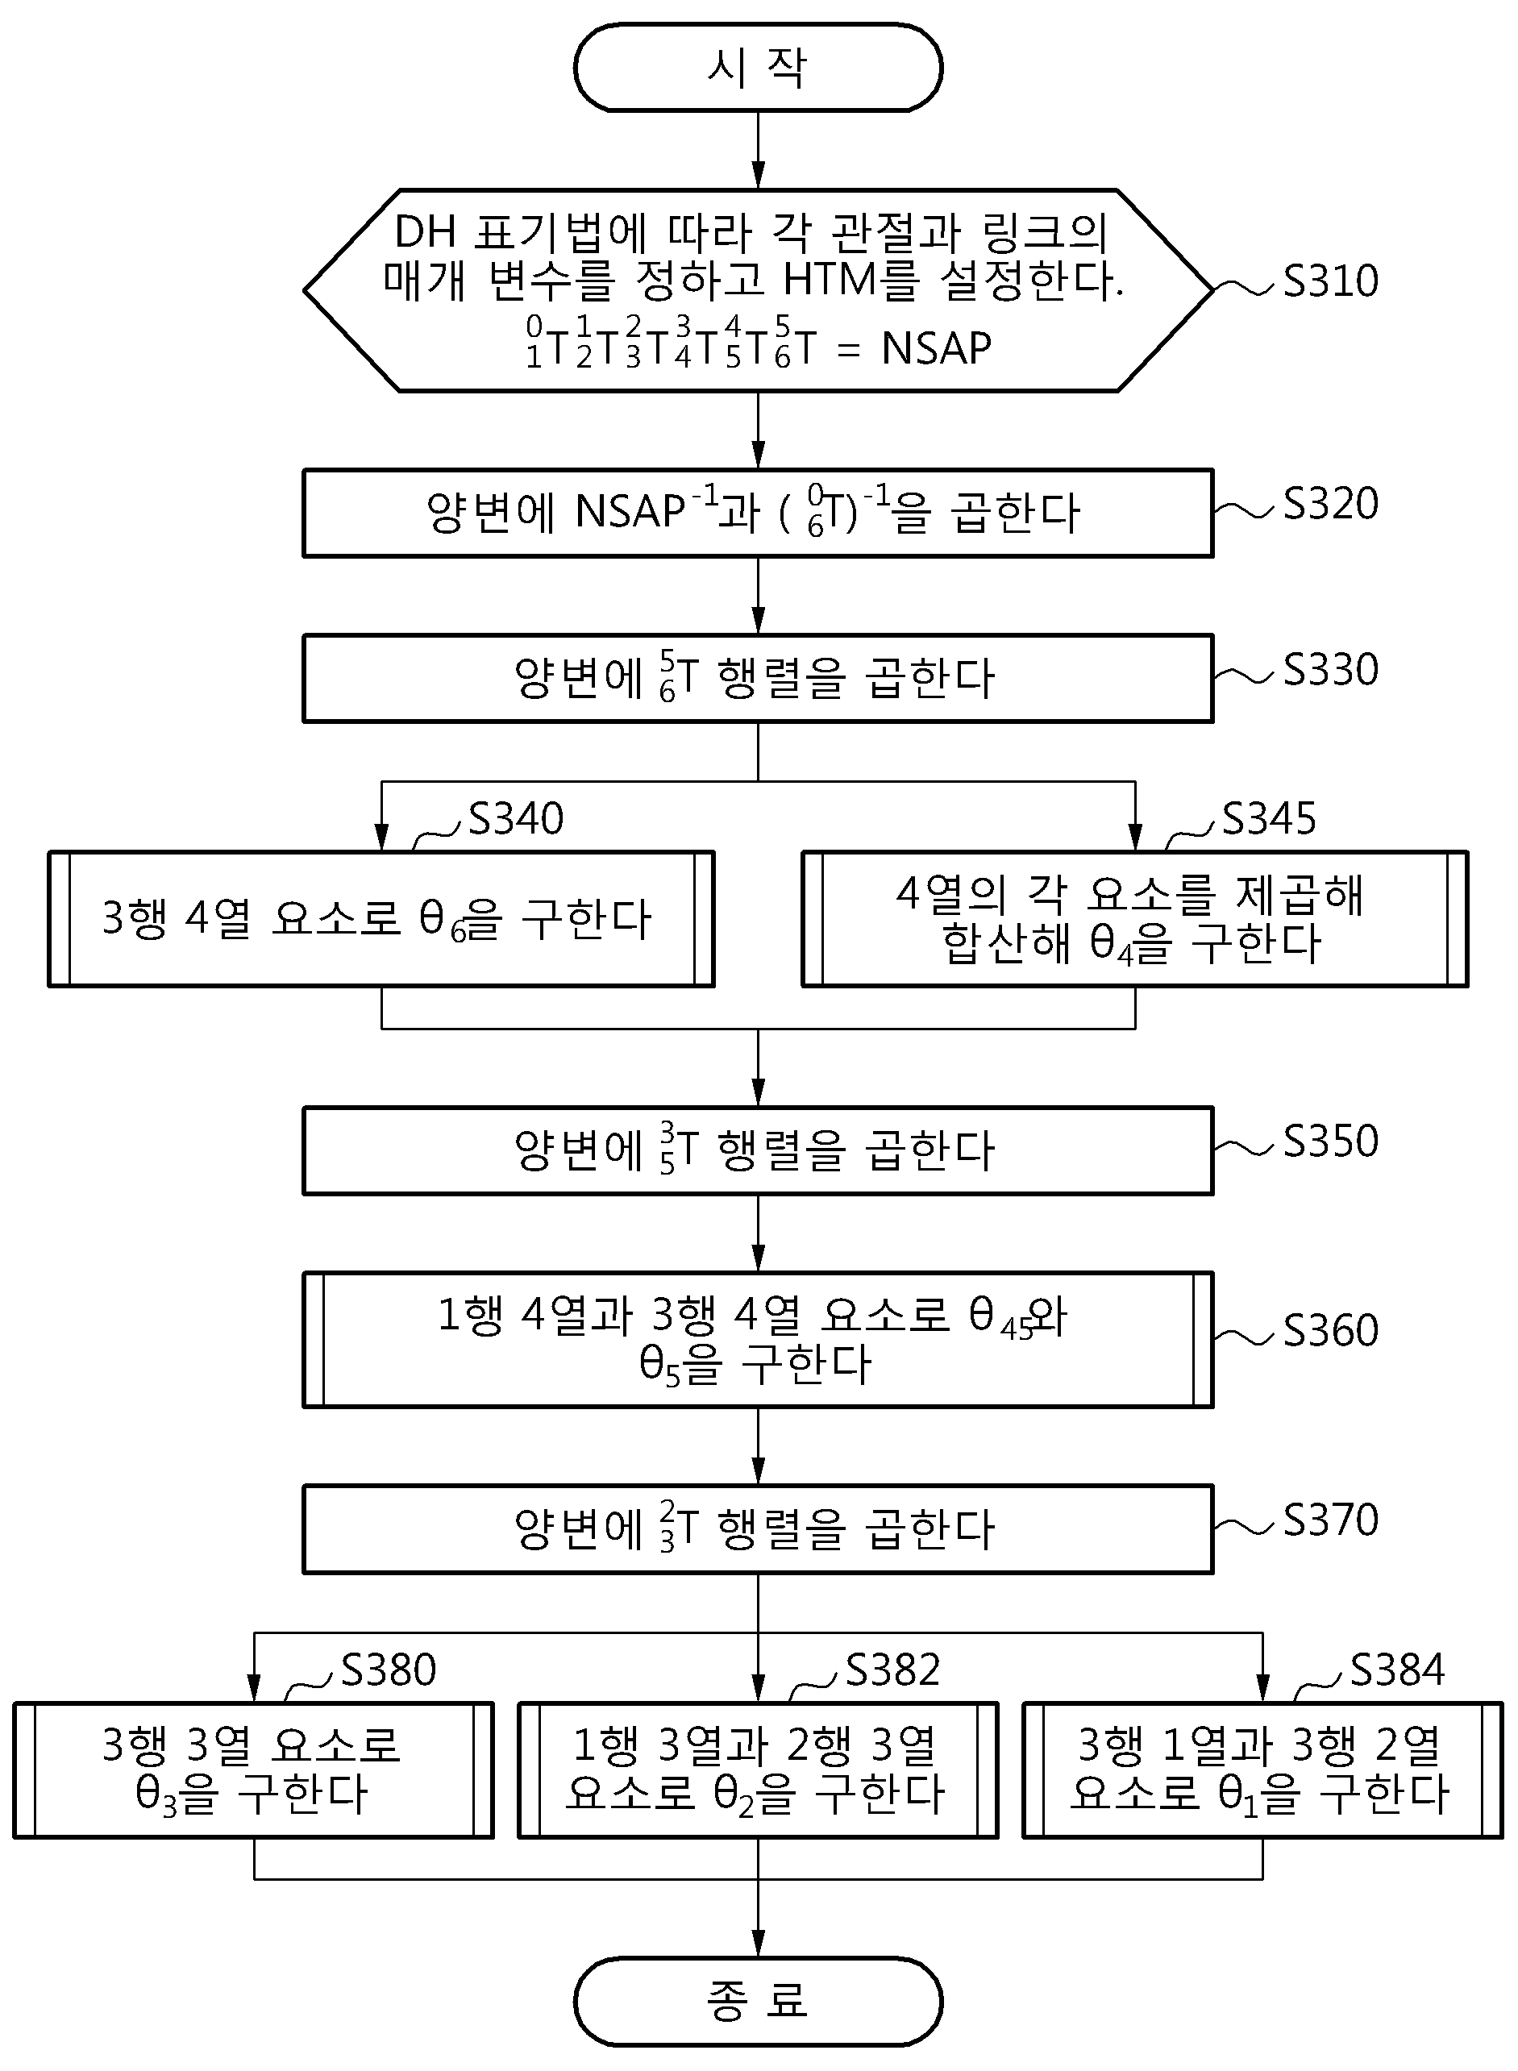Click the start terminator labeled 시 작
coord(758,67)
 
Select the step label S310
coord(1330,281)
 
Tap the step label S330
coord(1330,670)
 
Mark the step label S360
coord(1330,1330)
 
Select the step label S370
coord(1330,1520)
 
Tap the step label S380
coord(389,1670)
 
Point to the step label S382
coord(893,1670)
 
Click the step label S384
coord(1398,1670)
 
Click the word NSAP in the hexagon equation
coord(936,348)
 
